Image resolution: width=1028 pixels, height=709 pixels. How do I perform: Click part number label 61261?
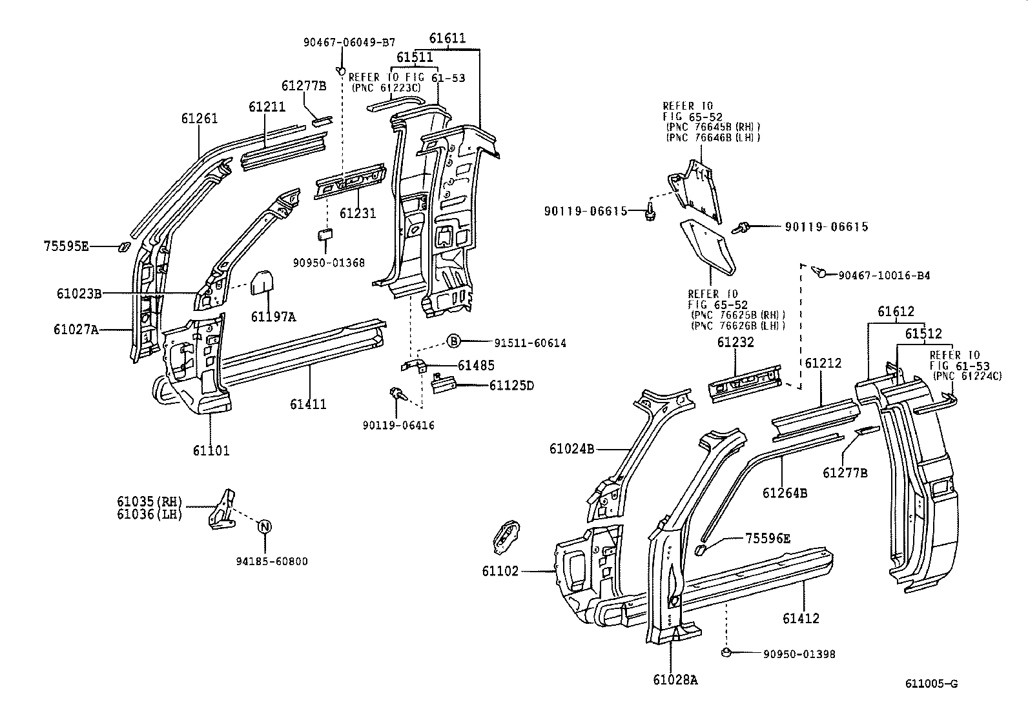199,119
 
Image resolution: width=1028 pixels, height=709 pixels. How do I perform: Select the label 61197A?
273,316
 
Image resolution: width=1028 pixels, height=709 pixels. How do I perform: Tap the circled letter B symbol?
453,342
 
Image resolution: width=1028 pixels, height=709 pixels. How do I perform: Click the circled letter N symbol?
264,526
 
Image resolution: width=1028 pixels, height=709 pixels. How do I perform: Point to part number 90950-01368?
329,263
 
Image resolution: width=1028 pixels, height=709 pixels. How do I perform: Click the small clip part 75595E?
122,247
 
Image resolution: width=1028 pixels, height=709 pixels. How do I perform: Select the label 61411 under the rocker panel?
308,404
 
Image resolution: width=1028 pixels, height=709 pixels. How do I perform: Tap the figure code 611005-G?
930,684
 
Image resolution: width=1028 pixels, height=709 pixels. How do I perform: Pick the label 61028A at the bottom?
675,679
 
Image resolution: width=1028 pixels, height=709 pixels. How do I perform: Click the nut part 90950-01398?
726,653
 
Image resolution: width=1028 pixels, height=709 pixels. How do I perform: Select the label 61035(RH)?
150,501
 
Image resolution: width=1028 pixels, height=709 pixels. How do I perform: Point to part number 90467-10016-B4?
884,275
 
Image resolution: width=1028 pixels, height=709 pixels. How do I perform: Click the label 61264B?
785,493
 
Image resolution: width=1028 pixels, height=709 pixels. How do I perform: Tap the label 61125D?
511,386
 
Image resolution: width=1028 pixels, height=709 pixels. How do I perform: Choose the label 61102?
500,571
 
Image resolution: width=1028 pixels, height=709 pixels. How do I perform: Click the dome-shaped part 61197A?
263,282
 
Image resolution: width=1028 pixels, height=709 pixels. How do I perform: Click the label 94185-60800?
271,561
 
